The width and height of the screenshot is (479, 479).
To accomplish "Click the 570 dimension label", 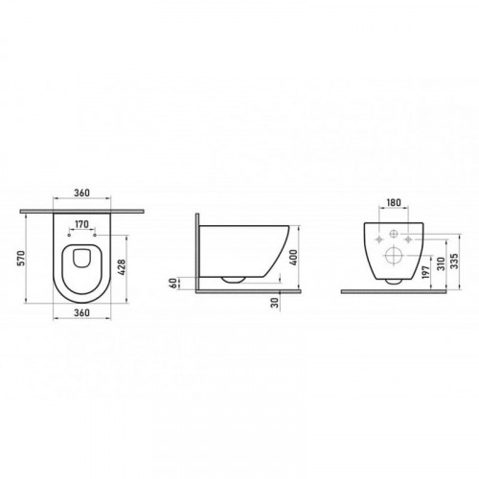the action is click(20, 258).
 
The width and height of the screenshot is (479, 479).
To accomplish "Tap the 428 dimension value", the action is click(122, 266).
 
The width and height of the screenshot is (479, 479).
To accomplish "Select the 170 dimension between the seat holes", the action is click(81, 224).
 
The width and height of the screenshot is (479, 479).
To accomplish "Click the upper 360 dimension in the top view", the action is click(82, 193).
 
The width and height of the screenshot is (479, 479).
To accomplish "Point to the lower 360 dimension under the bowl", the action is click(82, 312).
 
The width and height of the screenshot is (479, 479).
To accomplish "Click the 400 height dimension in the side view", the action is click(294, 258).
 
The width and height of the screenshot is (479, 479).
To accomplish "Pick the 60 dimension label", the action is click(172, 283).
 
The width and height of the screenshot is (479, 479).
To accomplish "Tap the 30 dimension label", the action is click(275, 302).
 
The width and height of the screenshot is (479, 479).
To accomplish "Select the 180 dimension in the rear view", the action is click(394, 202).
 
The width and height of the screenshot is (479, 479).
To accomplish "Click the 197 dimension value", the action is click(426, 272).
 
